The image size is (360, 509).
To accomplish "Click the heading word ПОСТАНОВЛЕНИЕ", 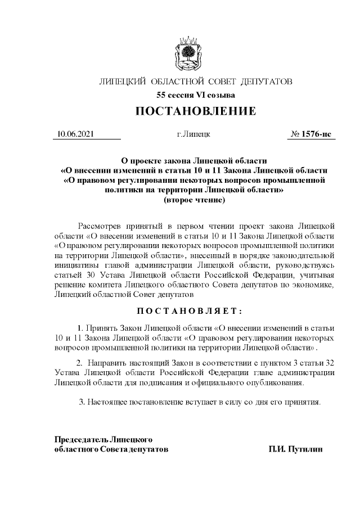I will (x=195, y=111).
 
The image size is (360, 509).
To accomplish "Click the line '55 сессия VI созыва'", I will (x=195, y=95).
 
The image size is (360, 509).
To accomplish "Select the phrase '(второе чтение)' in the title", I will (x=194, y=200).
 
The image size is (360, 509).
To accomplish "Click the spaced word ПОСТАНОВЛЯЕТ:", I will (x=195, y=311).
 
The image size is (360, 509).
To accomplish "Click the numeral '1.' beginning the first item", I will (x=80, y=327).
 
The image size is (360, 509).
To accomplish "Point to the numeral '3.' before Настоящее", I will (x=83, y=402).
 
